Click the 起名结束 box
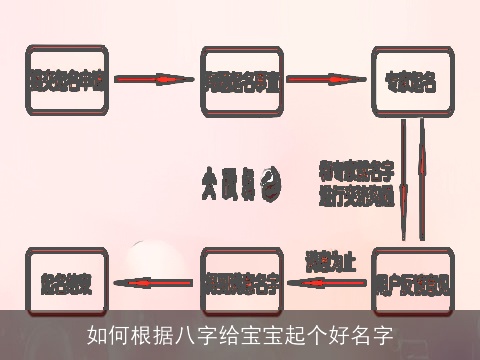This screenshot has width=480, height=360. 66,283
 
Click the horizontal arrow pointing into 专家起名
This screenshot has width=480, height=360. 326,78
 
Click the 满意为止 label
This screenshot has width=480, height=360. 331,264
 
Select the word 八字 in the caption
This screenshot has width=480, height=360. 179,333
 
